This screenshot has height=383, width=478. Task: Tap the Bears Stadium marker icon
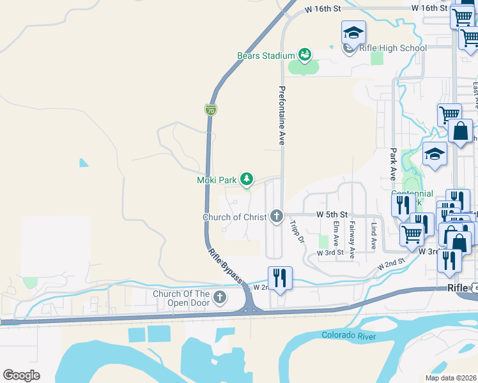tap(305, 56)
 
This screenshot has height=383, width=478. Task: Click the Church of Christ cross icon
tap(276, 217)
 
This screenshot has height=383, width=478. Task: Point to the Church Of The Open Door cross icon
tap(220, 297)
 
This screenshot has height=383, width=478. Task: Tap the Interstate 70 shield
tap(211, 110)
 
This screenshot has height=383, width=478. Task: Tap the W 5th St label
tap(332, 214)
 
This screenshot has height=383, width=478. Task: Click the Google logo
tap(22, 375)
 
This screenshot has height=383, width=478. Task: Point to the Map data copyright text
tap(451, 378)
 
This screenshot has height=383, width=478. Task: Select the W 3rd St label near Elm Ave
tap(331, 253)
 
